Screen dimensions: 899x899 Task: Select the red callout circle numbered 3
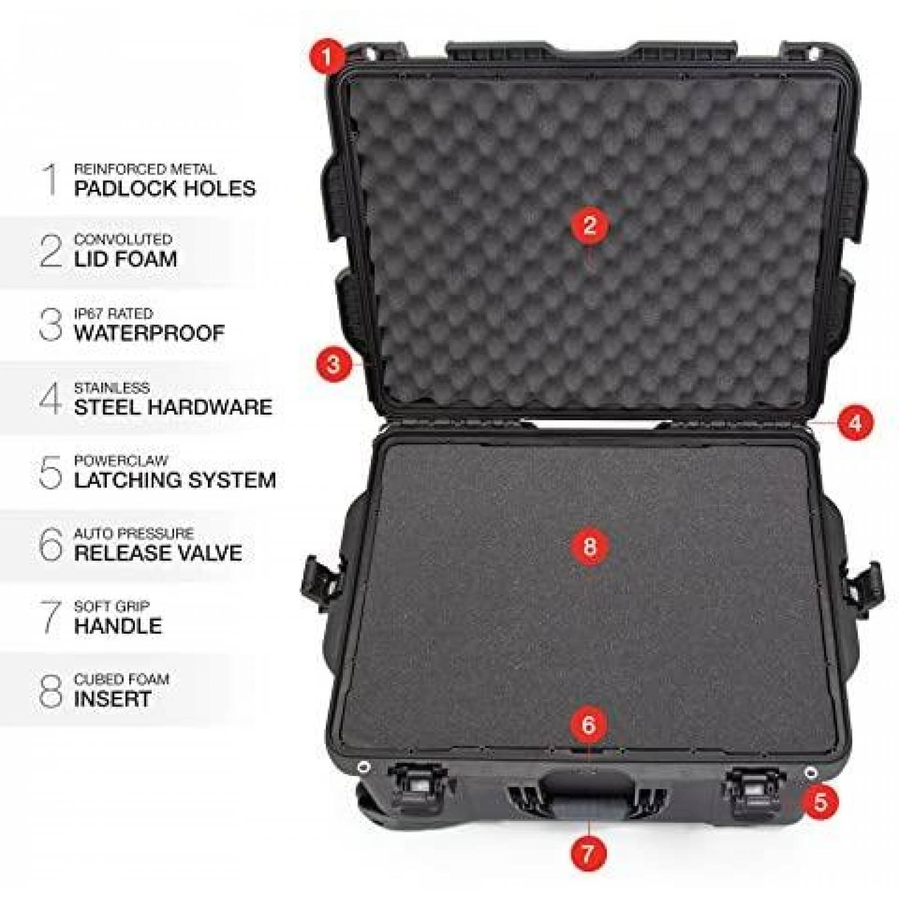333,365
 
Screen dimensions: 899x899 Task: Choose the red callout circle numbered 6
588,725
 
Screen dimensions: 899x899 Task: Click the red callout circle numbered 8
589,545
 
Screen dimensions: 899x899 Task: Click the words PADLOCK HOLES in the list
165,188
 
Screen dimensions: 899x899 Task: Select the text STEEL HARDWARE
173,407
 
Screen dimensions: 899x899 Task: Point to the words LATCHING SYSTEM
175,480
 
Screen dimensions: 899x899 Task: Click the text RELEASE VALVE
158,553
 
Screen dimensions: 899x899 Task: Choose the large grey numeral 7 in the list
51,616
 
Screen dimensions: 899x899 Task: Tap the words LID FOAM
125,259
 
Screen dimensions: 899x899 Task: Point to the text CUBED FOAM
121,679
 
